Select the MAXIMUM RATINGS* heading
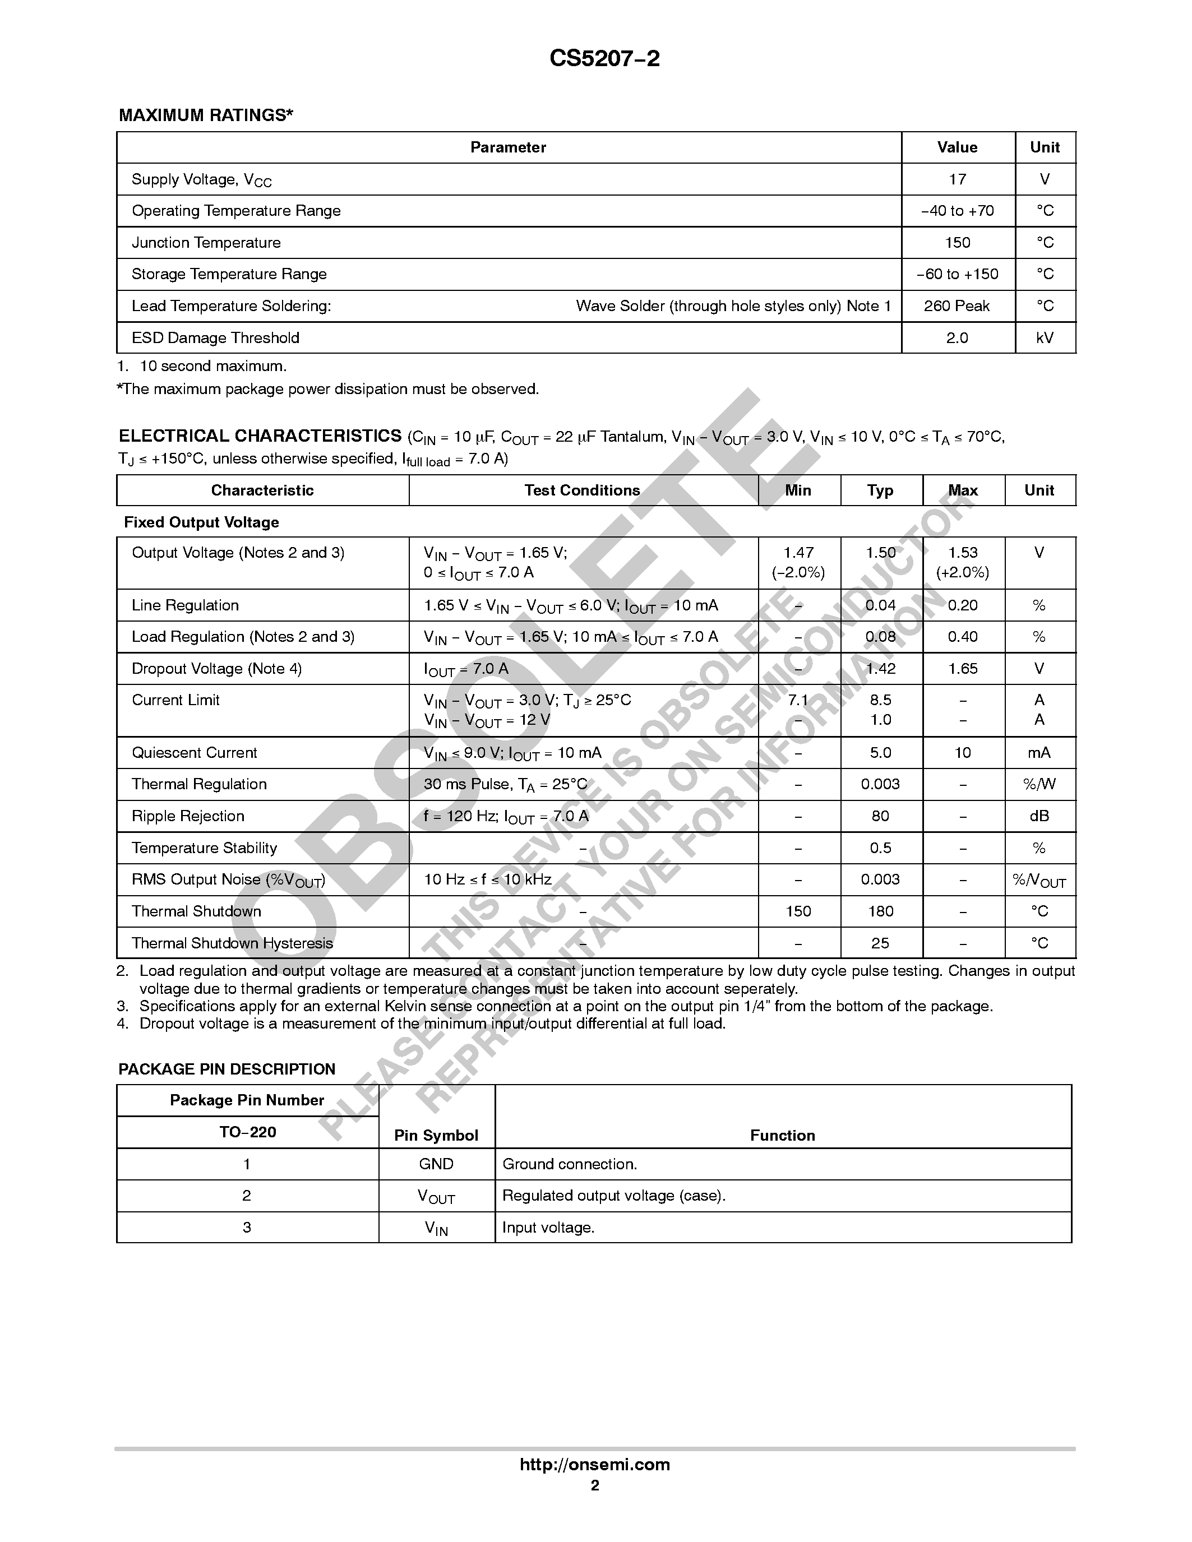pyautogui.click(x=206, y=115)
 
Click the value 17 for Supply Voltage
pyautogui.click(x=957, y=179)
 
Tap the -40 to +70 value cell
pyautogui.click(x=957, y=211)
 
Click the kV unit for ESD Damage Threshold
pyautogui.click(x=1045, y=337)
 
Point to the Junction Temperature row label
pyautogui.click(x=206, y=243)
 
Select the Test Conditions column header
pyautogui.click(x=582, y=490)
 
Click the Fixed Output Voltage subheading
pyautogui.click(x=201, y=522)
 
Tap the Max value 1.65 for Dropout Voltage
pyautogui.click(x=963, y=669)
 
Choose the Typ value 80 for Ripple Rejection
pyautogui.click(x=880, y=816)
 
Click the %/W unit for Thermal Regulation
pyautogui.click(x=1039, y=784)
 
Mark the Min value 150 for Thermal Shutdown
pyautogui.click(x=798, y=911)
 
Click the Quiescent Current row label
pyautogui.click(x=194, y=753)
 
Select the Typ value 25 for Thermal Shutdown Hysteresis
pyautogui.click(x=880, y=943)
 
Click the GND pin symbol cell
pyautogui.click(x=436, y=1164)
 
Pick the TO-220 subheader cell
pyautogui.click(x=247, y=1132)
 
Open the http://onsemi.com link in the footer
pyautogui.click(x=594, y=1464)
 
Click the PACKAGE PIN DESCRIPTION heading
pyautogui.click(x=227, y=1069)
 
